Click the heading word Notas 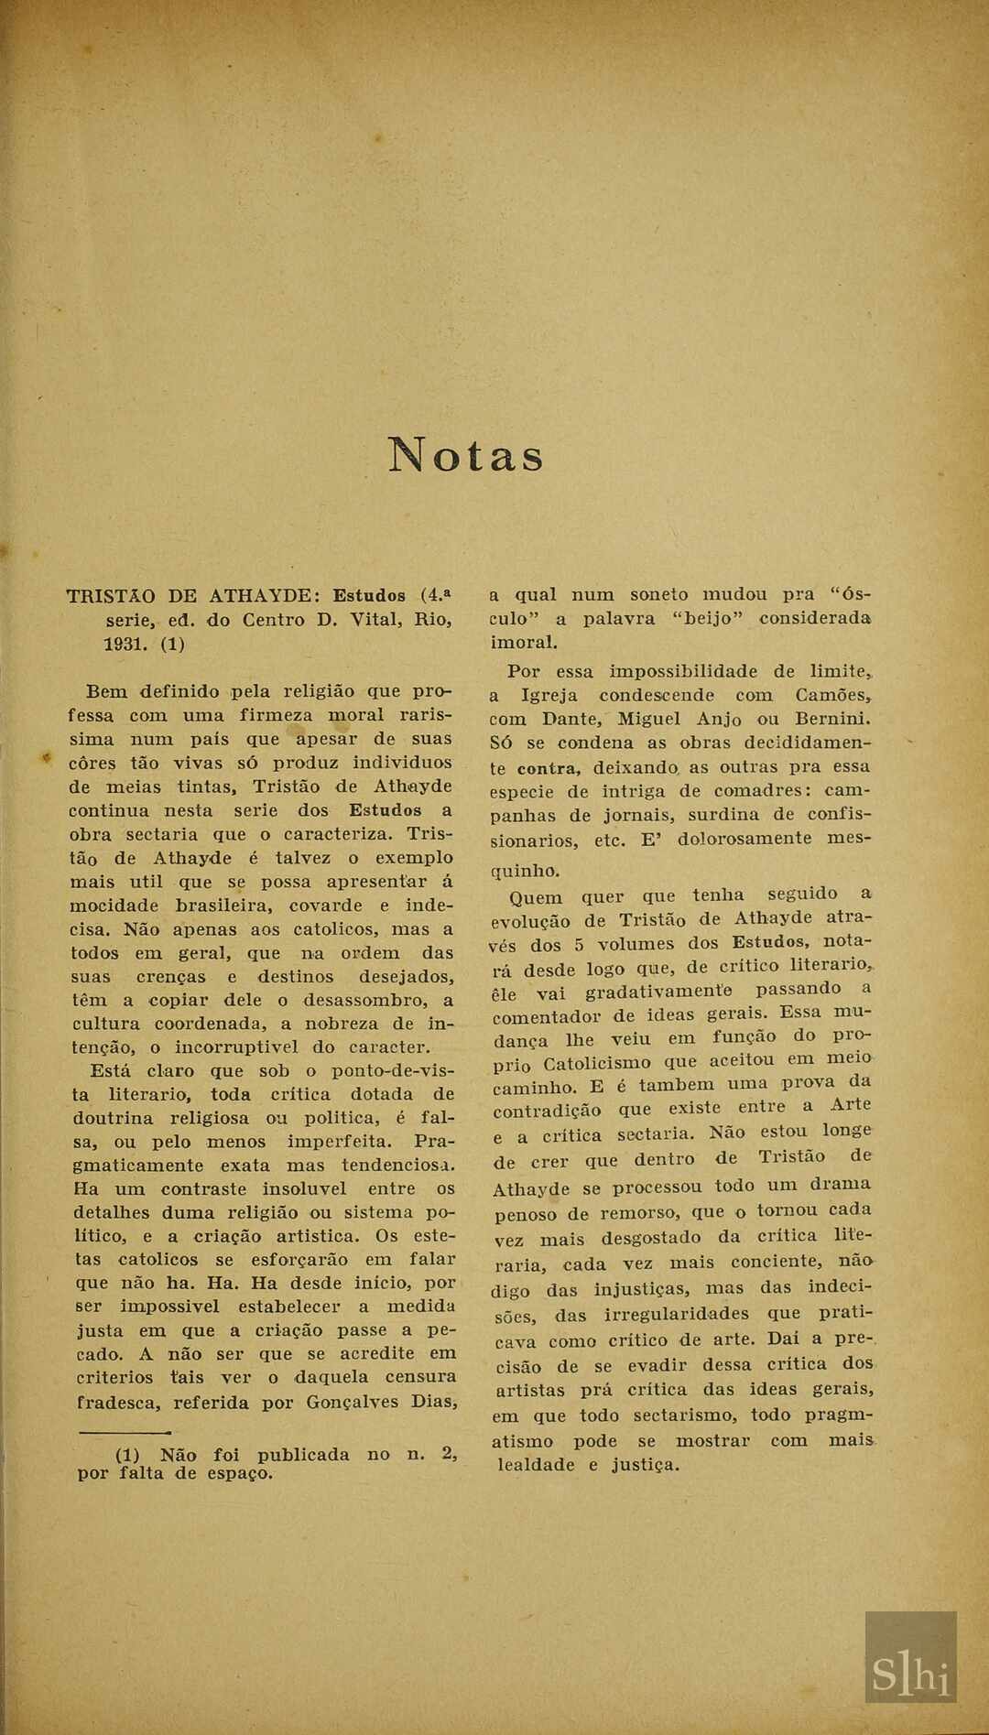[466, 455]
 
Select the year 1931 [125, 644]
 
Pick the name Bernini [832, 720]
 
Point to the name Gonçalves [352, 1402]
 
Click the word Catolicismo [596, 1064]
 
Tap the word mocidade [114, 905]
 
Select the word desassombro [376, 1001]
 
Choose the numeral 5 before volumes [578, 945]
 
